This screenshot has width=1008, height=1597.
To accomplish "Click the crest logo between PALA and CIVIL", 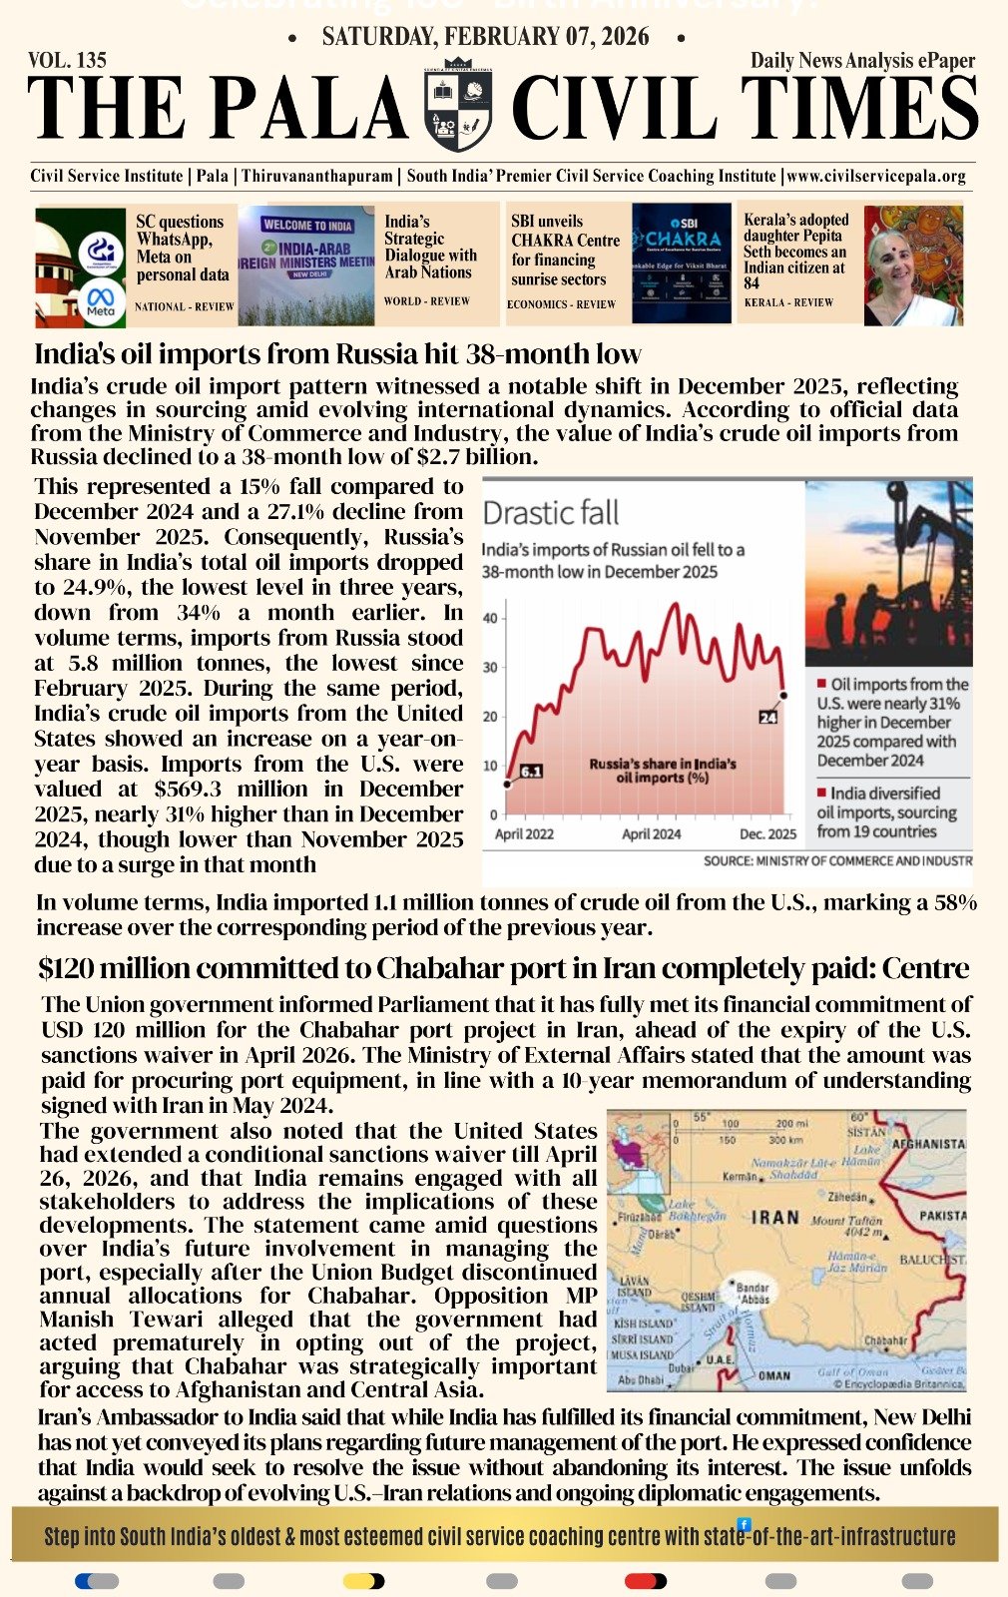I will point(458,105).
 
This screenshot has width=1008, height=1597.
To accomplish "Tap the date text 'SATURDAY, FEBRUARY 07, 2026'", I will point(485,38).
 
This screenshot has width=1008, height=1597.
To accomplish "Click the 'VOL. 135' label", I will point(67,61).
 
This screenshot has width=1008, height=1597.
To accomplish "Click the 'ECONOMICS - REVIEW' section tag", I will point(561,304).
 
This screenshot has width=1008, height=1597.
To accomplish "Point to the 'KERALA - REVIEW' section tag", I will point(788,301).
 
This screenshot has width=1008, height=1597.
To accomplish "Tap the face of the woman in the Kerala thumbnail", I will point(895,263).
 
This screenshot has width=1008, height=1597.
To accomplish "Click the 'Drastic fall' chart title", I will point(550,513).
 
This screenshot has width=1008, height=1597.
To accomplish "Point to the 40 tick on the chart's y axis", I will point(489,619).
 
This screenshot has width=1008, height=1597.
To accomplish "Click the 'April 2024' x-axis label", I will point(651,833).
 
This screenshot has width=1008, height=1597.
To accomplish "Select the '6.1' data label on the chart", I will point(531,772).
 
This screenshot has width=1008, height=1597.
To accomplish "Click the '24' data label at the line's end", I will point(767,717).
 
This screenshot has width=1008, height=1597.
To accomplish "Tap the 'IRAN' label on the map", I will point(775,1218).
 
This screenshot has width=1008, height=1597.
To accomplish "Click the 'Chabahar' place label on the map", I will point(885,1340).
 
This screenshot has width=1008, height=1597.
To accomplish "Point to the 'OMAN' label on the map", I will point(774,1375).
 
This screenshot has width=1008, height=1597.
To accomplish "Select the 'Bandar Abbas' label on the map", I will point(753,1294).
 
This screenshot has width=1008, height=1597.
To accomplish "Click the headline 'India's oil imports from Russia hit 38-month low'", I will point(337,354).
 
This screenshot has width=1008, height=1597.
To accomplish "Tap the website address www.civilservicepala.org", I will point(876,176).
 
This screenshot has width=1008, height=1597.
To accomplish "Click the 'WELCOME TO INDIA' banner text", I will point(307,226).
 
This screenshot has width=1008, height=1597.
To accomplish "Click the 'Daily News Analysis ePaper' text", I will point(862,61).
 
